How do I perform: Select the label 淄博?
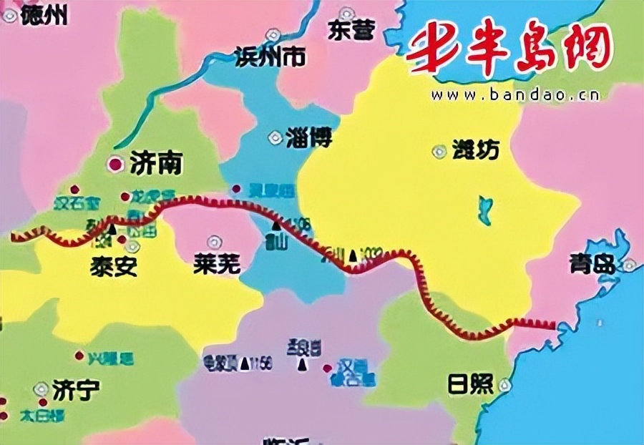point(308,137)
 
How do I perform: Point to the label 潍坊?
point(475,151)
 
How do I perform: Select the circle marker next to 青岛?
point(628,265)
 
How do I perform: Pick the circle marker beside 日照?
point(505,385)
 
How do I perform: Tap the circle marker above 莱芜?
point(213,241)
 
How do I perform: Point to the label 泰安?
point(113,266)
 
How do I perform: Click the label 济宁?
point(77,390)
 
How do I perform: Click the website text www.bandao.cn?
point(515,94)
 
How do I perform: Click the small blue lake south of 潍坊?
point(486,210)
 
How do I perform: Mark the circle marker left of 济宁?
point(39,388)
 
